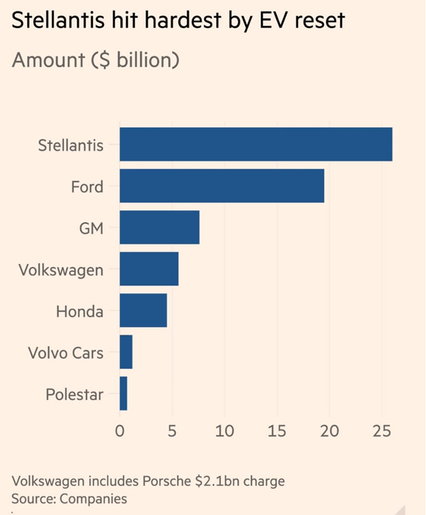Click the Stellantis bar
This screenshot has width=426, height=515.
[256, 145]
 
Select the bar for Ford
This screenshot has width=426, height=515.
[222, 186]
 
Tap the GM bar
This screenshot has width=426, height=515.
[159, 227]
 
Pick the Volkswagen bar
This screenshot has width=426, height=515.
[149, 269]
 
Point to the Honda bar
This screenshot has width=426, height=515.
[143, 311]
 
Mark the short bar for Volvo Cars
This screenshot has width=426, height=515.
[126, 352]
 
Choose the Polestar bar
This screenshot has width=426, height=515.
[123, 394]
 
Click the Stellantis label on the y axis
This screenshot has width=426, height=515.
[71, 145]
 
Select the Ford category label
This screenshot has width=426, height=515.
[87, 186]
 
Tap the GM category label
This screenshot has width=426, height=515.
[92, 228]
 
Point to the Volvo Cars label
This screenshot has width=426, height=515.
[66, 353]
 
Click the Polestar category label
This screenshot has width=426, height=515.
[75, 394]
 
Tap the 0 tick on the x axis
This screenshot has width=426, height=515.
[119, 431]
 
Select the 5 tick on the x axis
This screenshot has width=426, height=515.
[172, 431]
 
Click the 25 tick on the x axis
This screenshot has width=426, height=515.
[381, 431]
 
